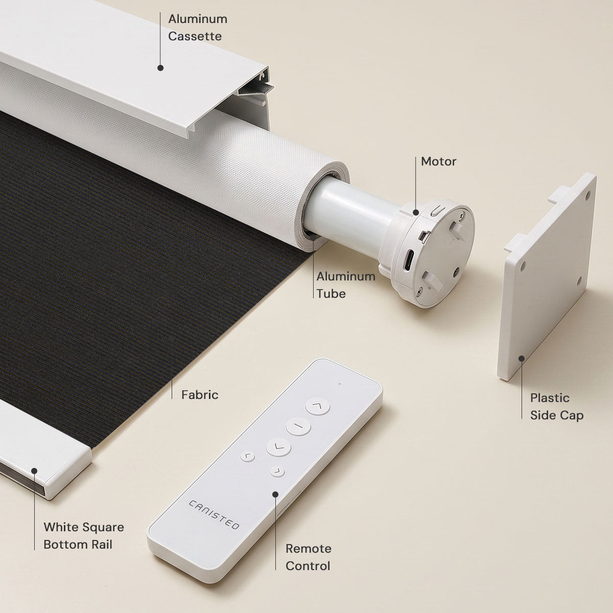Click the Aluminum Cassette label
(198, 28)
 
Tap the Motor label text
(438, 161)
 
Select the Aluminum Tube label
(346, 285)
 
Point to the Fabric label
(200, 395)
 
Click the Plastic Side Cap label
(557, 407)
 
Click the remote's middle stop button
(298, 426)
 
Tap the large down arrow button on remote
(278, 447)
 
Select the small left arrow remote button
(247, 457)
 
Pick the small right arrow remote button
(277, 471)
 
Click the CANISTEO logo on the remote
(214, 515)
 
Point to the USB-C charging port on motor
(409, 260)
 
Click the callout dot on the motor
(415, 212)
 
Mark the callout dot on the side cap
(522, 359)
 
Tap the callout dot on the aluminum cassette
(160, 68)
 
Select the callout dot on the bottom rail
(34, 471)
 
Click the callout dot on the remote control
(275, 494)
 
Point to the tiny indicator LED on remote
(340, 384)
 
